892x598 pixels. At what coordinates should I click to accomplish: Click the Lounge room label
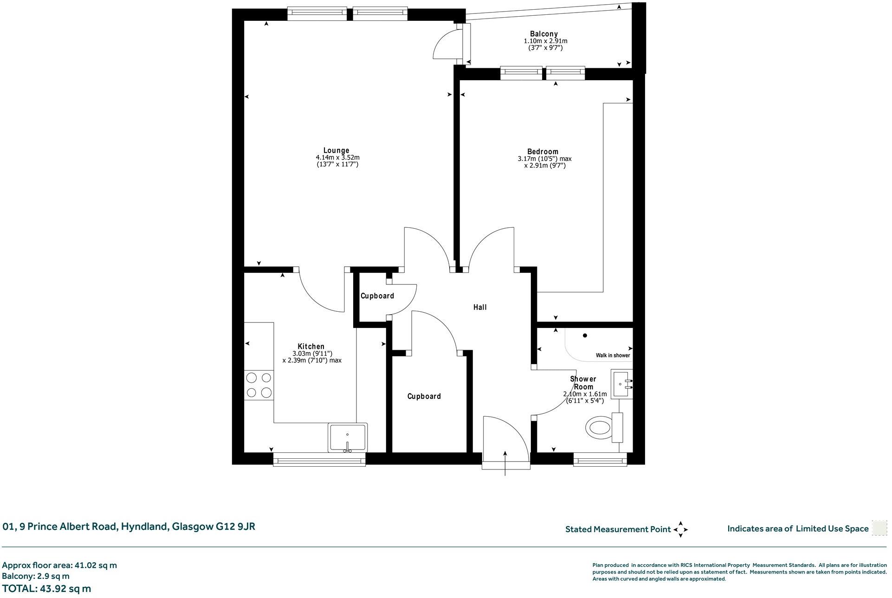(336, 150)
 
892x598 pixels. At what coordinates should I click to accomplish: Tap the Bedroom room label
(543, 151)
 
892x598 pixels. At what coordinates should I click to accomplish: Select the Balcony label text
(543, 34)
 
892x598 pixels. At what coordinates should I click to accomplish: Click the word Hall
(480, 307)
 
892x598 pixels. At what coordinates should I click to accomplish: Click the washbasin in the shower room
(622, 384)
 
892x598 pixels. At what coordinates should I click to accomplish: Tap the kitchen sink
(347, 437)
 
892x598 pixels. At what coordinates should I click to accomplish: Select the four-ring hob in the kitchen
(259, 385)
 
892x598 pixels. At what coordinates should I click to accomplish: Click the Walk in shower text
(613, 355)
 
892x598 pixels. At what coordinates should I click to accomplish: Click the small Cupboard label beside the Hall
(377, 296)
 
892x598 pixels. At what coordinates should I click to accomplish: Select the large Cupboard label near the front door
(424, 396)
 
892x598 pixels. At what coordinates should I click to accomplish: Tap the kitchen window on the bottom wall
(319, 460)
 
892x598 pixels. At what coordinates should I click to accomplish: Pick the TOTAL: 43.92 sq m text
(46, 589)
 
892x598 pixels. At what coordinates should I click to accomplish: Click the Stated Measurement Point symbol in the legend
(680, 529)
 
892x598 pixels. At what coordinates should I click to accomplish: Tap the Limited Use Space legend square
(879, 528)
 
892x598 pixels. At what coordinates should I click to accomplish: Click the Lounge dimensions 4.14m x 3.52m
(336, 158)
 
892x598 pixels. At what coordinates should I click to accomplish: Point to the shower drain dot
(585, 335)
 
